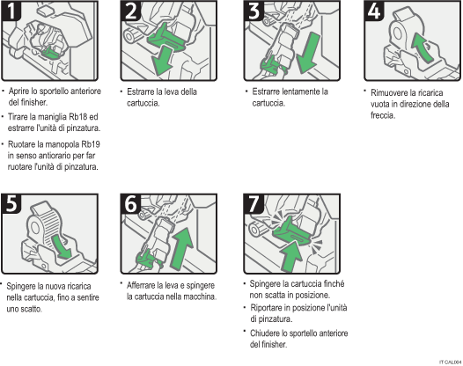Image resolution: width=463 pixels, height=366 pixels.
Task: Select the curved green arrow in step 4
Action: click(422, 46)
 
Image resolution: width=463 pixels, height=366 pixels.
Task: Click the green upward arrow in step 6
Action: click(180, 243)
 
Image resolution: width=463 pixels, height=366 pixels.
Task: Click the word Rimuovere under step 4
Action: click(390, 92)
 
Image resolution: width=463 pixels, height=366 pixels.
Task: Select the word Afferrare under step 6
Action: click(145, 285)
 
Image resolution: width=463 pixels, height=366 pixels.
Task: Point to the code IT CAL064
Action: click(449, 361)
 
